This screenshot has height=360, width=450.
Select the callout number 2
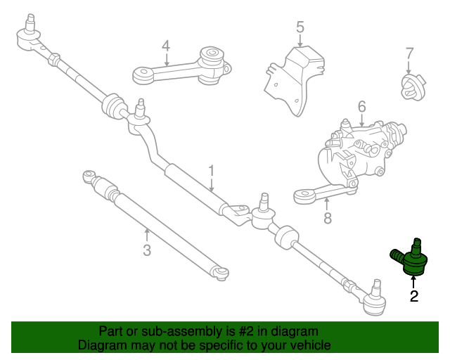click(414, 297)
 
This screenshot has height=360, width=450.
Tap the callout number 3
click(147, 250)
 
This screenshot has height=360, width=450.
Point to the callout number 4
click(166, 46)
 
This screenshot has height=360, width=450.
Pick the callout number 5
click(300, 27)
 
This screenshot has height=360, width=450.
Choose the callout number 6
click(361, 106)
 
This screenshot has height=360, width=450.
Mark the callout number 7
click(409, 53)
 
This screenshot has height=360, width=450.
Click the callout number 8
click(327, 219)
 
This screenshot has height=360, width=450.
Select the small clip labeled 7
click(409, 87)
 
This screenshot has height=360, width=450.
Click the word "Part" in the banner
click(111, 331)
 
